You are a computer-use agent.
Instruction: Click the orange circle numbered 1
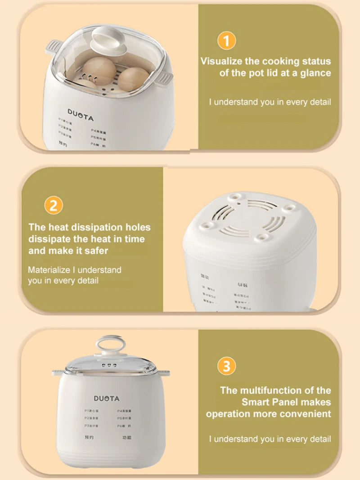[x=226, y=41]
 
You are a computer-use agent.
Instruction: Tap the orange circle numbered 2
[x=54, y=206]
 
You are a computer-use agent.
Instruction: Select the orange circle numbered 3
[x=226, y=366]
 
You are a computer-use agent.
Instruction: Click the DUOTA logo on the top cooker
[x=81, y=114]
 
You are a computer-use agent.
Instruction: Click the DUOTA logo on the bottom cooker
[x=107, y=398]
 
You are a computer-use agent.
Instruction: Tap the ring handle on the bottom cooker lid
[x=107, y=344]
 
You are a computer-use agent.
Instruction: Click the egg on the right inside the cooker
[x=134, y=78]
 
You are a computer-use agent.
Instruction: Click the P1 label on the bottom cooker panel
[x=87, y=411]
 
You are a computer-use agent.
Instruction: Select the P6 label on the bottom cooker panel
[x=120, y=426]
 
